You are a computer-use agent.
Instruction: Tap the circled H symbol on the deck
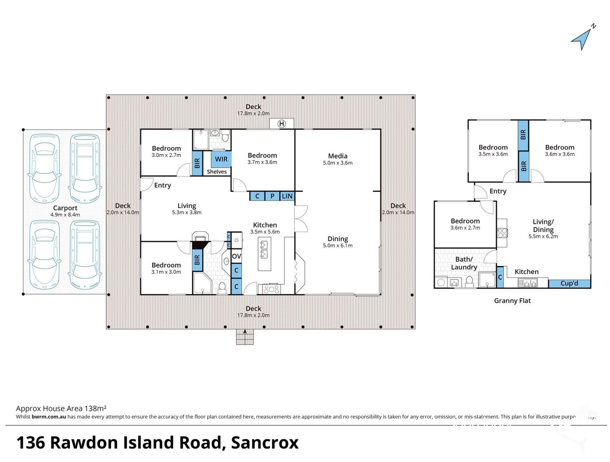click(282, 124)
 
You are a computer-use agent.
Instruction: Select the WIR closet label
click(221, 159)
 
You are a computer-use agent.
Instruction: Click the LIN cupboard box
click(287, 196)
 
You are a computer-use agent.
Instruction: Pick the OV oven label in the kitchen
click(236, 256)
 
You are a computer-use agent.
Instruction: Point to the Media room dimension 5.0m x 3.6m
click(337, 163)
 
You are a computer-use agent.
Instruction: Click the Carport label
click(65, 208)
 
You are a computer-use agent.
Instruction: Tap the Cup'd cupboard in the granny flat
click(569, 283)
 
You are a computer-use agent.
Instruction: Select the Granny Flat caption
click(512, 301)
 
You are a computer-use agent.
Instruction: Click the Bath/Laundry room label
click(464, 263)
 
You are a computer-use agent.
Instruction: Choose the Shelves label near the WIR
click(217, 172)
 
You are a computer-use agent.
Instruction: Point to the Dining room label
click(337, 239)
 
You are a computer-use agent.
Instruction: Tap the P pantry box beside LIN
click(272, 196)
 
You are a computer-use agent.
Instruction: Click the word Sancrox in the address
click(265, 442)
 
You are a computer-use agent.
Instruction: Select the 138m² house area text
click(95, 408)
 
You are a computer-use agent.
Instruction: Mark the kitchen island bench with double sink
click(264, 253)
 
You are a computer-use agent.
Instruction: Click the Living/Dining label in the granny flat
click(543, 226)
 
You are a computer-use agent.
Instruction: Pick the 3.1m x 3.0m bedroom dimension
click(166, 272)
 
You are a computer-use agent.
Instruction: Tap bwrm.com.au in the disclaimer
click(49, 417)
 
